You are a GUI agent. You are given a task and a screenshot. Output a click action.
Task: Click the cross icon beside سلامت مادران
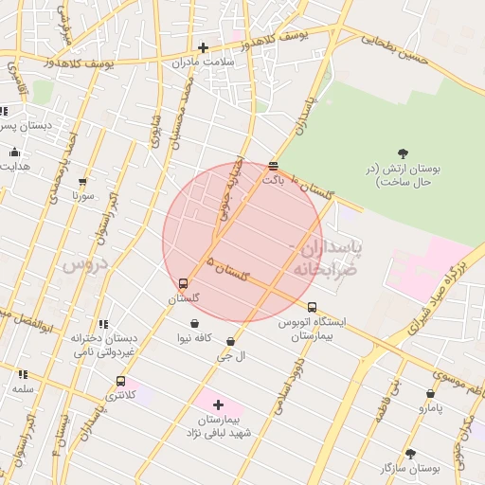pyautogui.click(x=203, y=47)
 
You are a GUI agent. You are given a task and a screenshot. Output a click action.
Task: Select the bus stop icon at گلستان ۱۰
pyautogui.click(x=273, y=166)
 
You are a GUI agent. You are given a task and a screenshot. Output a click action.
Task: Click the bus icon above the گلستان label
pyautogui.click(x=184, y=283)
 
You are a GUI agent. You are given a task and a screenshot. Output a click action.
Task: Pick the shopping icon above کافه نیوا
pyautogui.click(x=195, y=322)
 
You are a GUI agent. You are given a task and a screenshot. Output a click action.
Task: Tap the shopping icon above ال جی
pyautogui.click(x=230, y=341)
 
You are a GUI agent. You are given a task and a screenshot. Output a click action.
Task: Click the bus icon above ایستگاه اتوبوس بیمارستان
pyautogui.click(x=312, y=307)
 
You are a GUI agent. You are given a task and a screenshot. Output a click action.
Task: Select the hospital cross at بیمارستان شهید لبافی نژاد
pyautogui.click(x=218, y=404)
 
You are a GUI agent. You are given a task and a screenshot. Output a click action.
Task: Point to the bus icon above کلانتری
pyautogui.click(x=120, y=381)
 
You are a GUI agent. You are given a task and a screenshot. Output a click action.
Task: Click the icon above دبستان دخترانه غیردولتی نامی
pyautogui.click(x=103, y=324)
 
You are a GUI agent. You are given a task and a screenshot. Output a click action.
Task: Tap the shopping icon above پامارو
pyautogui.click(x=430, y=393)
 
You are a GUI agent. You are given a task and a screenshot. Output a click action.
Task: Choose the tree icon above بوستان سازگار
pyautogui.click(x=410, y=454)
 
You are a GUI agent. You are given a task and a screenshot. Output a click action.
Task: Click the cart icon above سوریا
pyautogui.click(x=82, y=181)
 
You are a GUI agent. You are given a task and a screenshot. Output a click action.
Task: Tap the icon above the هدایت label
pyautogui.click(x=14, y=152)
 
